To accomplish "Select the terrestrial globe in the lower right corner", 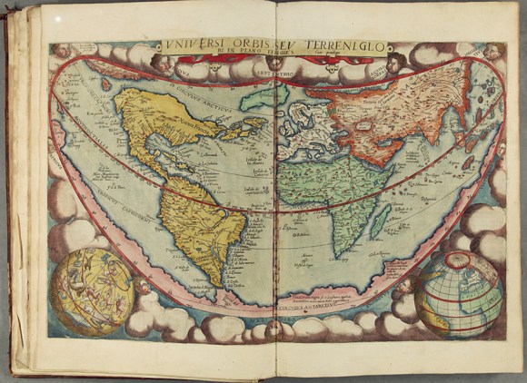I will pyautogui.click(x=459, y=293).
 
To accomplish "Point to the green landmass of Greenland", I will pyautogui.click(x=264, y=94).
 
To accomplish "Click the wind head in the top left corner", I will pyautogui.click(x=61, y=51).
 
